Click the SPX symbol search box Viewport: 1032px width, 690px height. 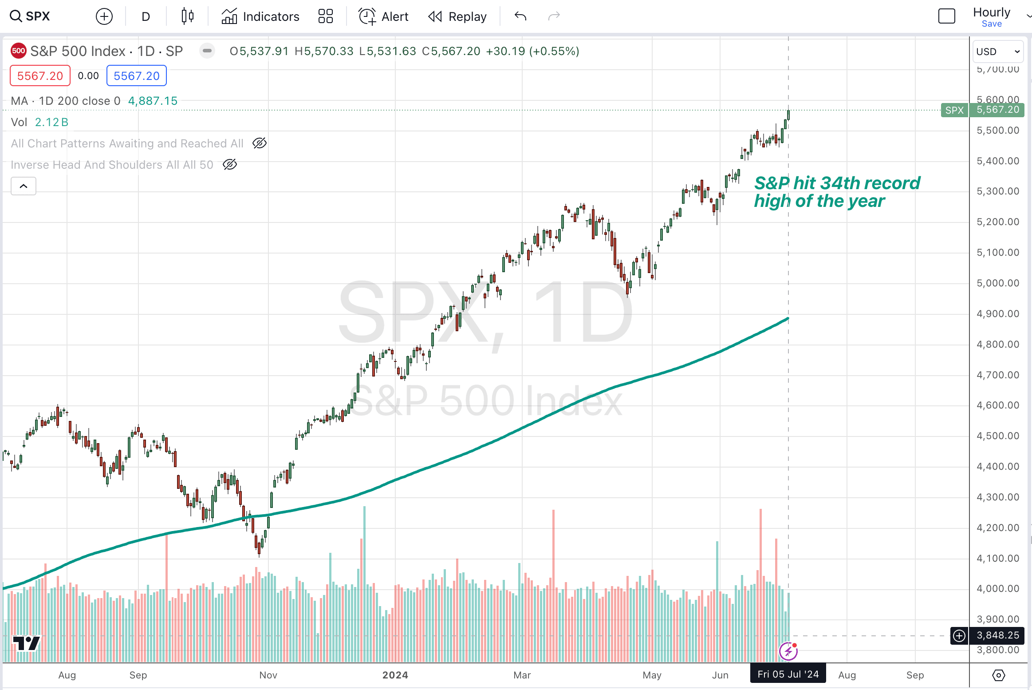click(x=30, y=16)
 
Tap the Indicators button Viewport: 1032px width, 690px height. click(x=260, y=16)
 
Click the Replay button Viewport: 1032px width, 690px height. click(x=457, y=16)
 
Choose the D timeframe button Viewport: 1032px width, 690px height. click(x=146, y=16)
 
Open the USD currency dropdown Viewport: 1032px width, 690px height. click(x=997, y=52)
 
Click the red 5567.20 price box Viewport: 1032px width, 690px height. click(x=40, y=76)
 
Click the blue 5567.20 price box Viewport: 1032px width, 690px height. click(x=136, y=76)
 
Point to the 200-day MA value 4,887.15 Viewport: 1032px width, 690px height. click(x=153, y=101)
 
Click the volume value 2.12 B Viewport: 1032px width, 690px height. click(x=51, y=122)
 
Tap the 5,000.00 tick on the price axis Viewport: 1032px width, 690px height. click(x=997, y=283)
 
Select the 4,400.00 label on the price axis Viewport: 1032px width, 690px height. click(x=997, y=467)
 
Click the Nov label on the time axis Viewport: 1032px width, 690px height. click(x=268, y=675)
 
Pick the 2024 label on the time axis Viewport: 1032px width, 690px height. click(x=395, y=675)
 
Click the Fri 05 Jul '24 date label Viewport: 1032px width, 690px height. click(x=788, y=674)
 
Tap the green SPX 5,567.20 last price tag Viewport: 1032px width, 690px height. click(x=982, y=110)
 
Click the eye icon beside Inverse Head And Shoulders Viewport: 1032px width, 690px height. click(x=230, y=165)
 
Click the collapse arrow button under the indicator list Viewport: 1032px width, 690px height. click(x=24, y=186)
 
